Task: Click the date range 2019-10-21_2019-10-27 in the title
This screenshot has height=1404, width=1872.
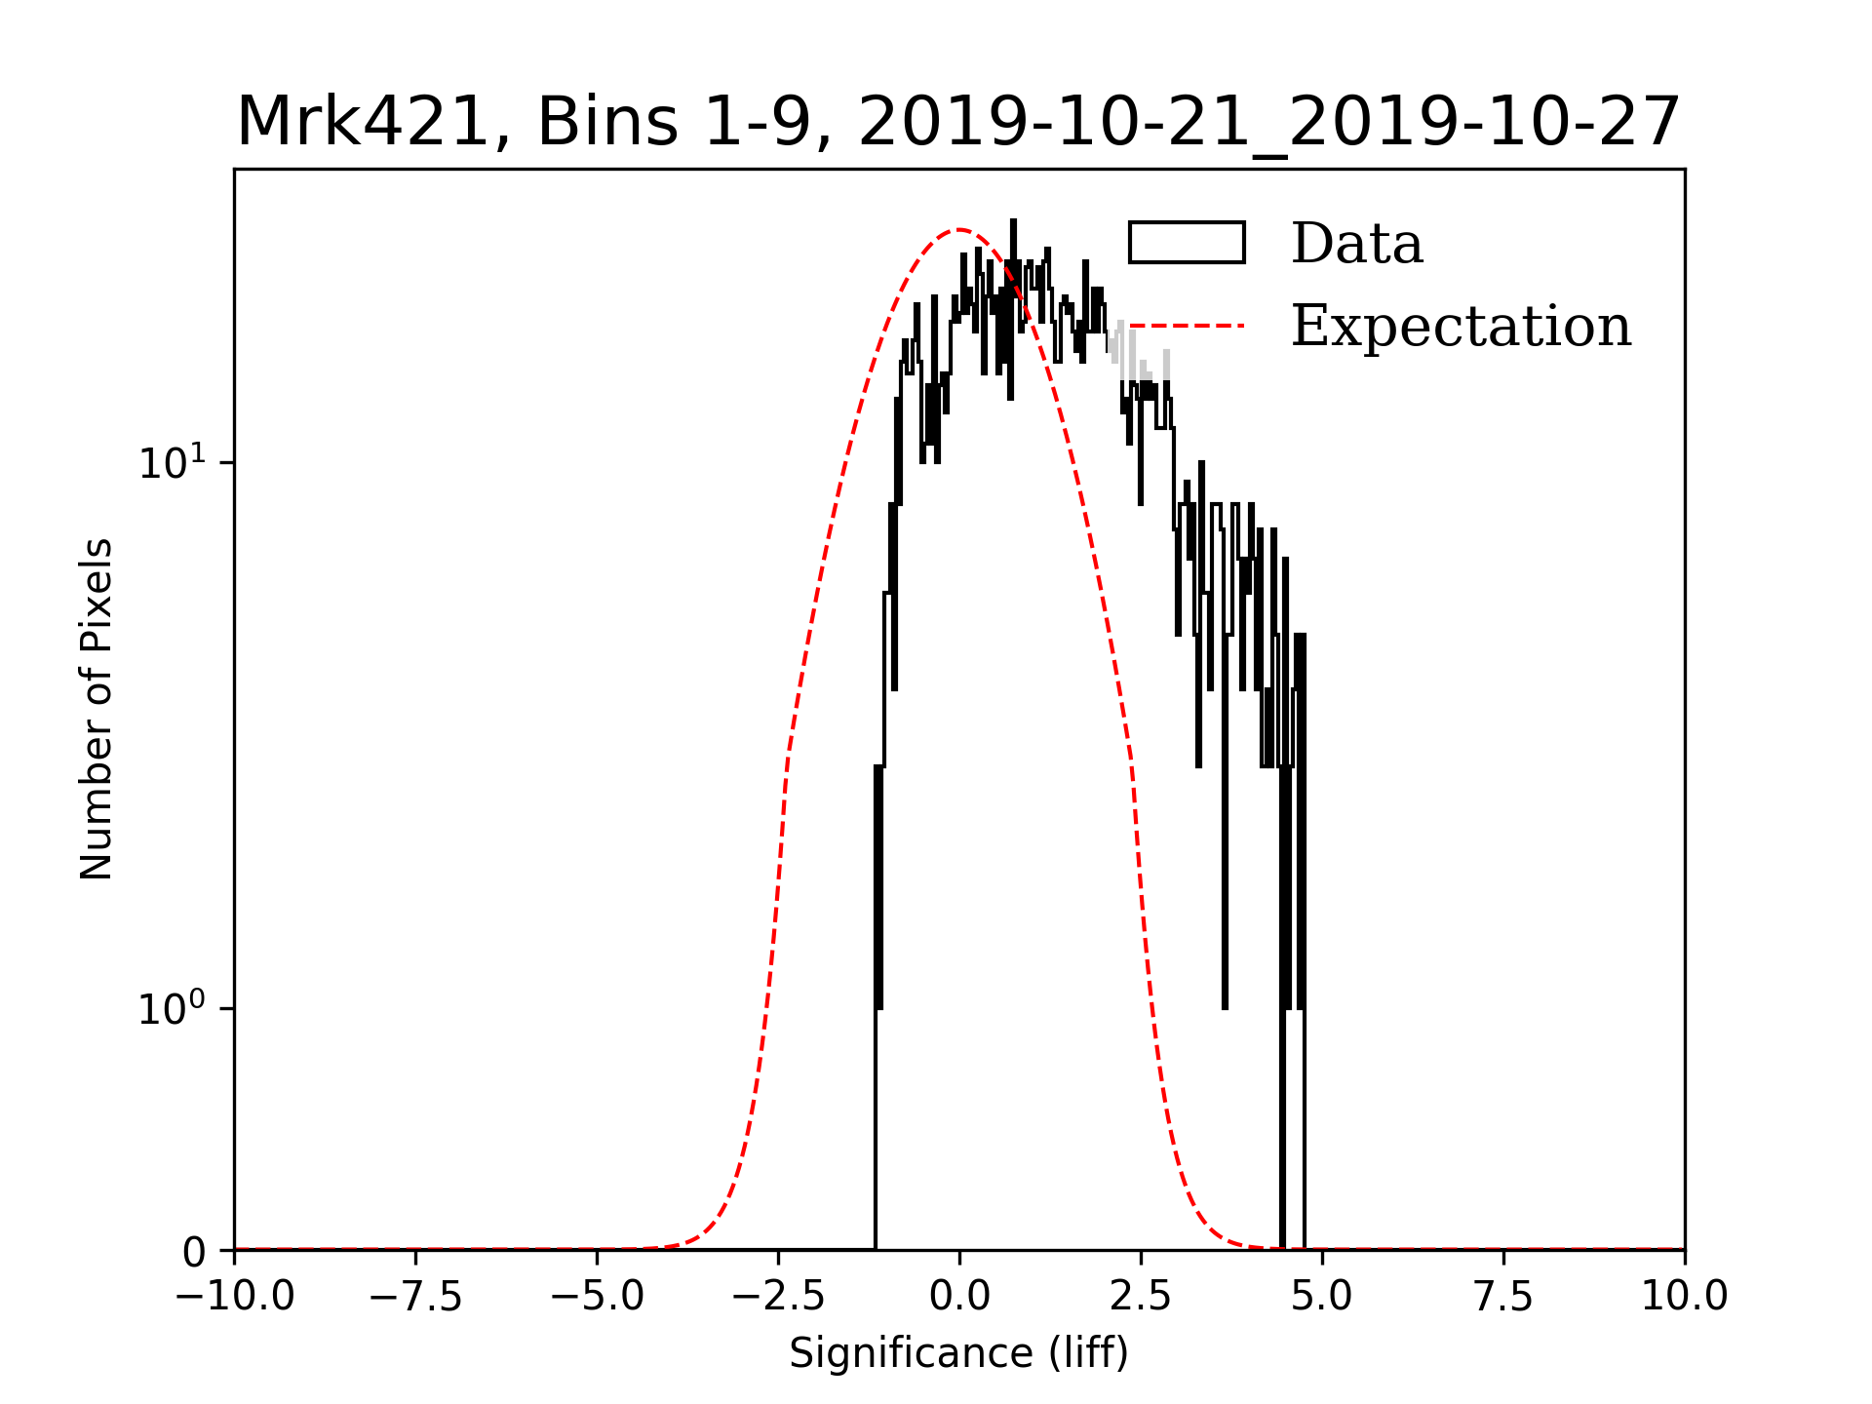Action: (x=1268, y=123)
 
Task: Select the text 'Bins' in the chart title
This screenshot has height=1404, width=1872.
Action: (x=606, y=123)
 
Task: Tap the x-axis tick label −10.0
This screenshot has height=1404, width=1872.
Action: (x=234, y=1297)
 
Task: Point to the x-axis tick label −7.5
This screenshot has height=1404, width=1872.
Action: (x=415, y=1297)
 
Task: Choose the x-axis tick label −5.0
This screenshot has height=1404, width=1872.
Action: (x=597, y=1297)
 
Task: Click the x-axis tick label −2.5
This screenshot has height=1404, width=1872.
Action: (x=778, y=1297)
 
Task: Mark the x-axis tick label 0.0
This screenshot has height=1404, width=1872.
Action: (x=959, y=1297)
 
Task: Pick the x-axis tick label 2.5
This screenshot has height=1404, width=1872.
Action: (x=1141, y=1297)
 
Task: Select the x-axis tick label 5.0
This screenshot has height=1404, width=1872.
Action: (x=1322, y=1297)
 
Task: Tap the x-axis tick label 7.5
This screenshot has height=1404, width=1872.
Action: (x=1503, y=1297)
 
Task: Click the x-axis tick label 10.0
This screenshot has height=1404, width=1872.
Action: (x=1685, y=1297)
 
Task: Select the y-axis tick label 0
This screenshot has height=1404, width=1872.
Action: (x=194, y=1253)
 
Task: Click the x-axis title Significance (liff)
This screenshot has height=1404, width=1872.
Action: (x=958, y=1354)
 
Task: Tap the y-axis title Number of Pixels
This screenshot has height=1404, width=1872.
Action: (x=97, y=709)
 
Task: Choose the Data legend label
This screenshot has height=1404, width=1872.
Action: (x=1356, y=244)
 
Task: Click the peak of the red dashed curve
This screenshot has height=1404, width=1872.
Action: (x=959, y=230)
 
